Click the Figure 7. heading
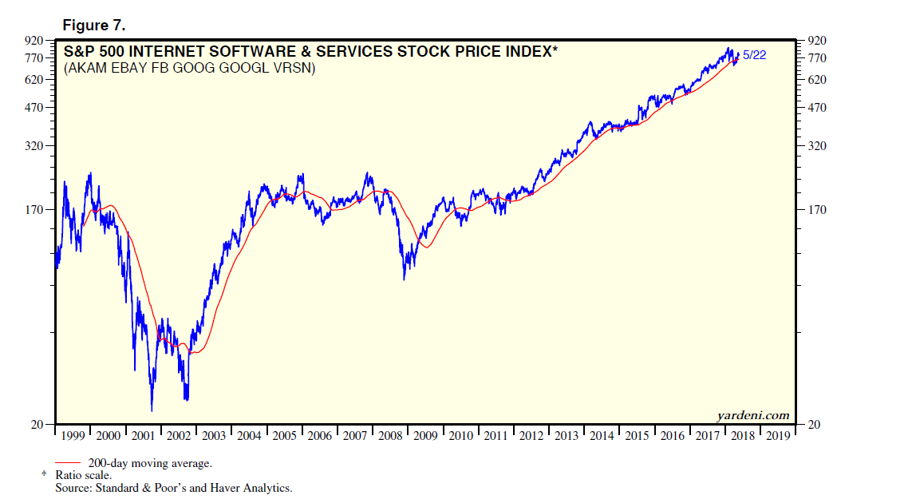93,26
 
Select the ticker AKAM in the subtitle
87,69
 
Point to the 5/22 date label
756,55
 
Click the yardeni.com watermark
753,415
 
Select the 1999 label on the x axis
73,436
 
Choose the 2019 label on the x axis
777,436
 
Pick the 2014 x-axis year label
602,436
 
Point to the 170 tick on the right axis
817,210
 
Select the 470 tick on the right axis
817,108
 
